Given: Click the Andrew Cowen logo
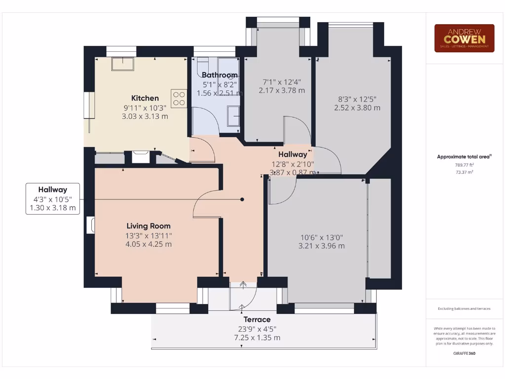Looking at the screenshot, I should [464, 38].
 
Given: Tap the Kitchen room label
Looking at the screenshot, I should [145, 98].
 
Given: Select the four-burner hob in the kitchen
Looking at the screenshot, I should [179, 98].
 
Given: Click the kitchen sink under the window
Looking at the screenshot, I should [121, 64].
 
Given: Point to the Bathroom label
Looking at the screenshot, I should [219, 75].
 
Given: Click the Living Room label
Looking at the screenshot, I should [148, 226].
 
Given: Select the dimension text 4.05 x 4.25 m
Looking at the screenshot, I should [148, 244].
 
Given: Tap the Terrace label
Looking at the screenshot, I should [257, 319].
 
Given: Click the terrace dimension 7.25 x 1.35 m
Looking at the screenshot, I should [257, 338].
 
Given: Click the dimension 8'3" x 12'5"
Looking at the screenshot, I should [357, 99].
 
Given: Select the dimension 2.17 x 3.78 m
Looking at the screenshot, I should [282, 90].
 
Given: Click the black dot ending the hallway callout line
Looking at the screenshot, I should [242, 199].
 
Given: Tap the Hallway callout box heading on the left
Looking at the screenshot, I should [53, 189].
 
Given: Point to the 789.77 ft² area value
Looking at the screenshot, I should [464, 165].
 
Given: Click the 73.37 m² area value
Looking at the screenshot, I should [464, 172].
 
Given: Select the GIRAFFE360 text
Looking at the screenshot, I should [464, 353].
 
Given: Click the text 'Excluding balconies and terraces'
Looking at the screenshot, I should [464, 308].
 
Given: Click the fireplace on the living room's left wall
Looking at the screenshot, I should [90, 225].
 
